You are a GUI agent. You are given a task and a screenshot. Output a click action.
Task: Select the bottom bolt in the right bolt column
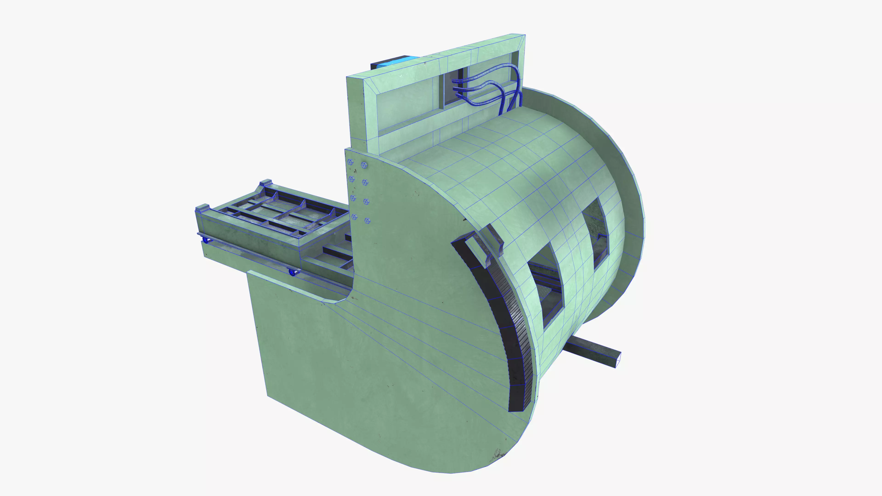[367, 221]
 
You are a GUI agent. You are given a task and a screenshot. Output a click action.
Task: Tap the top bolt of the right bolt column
[364, 165]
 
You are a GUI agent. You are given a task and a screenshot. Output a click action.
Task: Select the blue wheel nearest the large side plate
[292, 273]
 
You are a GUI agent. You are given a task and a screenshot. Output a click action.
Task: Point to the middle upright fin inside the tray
[303, 204]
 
